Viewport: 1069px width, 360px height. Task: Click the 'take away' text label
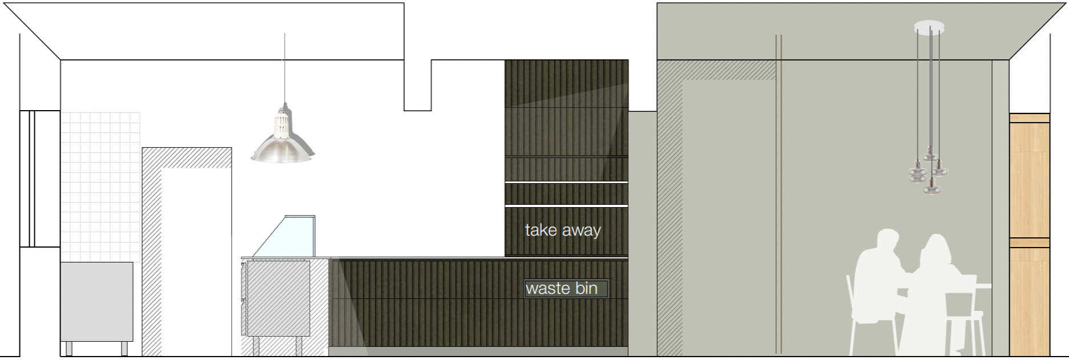click(562, 230)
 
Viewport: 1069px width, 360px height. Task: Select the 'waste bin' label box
click(566, 288)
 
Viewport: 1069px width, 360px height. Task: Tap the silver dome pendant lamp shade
click(282, 148)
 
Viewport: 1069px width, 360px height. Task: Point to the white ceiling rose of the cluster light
click(929, 26)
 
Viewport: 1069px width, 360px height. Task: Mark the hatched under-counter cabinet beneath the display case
click(277, 297)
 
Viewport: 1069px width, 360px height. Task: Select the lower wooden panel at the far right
click(1029, 300)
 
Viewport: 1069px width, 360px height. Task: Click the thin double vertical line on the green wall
click(778, 194)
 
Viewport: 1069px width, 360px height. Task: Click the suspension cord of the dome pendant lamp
click(285, 68)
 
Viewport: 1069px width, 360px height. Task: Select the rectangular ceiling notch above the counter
click(418, 86)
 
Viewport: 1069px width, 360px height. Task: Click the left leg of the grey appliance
click(69, 348)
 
